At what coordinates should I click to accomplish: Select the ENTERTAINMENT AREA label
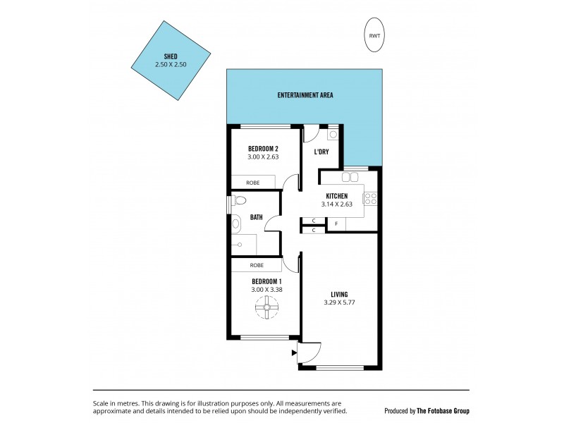[305, 95]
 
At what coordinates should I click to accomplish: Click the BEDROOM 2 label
[263, 149]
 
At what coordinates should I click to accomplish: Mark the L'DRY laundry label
[321, 152]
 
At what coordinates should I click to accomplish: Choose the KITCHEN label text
[336, 196]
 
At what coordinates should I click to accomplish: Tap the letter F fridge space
[336, 224]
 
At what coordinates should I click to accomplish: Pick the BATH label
[257, 217]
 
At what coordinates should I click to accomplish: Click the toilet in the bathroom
[235, 223]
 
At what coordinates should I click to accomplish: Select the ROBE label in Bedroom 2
[252, 183]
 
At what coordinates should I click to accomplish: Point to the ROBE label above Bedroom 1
[257, 266]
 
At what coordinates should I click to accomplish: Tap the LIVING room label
[340, 295]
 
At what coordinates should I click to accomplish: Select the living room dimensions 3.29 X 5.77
[341, 305]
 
